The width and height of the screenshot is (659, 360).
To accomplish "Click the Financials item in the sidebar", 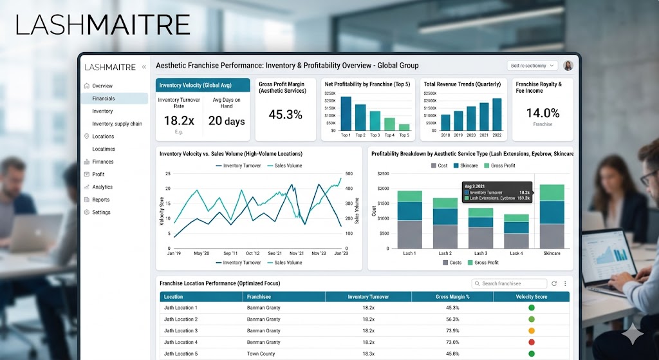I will [x=104, y=99].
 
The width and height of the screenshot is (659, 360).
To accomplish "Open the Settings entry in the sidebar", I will [x=101, y=212].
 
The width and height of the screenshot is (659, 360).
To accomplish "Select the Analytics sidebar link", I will [x=102, y=187].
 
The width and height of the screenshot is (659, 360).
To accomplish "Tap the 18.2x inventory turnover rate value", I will [x=179, y=120].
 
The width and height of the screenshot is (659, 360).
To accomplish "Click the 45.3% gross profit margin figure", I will [x=285, y=115].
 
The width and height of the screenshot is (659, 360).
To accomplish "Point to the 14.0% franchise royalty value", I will [x=543, y=113].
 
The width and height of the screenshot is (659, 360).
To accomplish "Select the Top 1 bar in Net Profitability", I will [x=346, y=113].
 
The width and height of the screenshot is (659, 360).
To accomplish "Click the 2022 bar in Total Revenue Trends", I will [x=497, y=114].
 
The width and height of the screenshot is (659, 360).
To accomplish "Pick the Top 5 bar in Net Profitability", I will [x=404, y=127].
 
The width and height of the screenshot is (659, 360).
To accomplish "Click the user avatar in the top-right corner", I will [x=568, y=66].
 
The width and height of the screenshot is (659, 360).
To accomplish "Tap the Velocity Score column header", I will [x=531, y=297].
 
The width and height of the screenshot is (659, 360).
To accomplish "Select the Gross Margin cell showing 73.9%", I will [x=452, y=330].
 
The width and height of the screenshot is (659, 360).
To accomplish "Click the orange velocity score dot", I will [x=532, y=330].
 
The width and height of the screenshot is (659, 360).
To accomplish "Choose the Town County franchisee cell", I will [x=261, y=354].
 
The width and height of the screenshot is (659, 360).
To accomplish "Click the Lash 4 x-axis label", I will [x=516, y=254].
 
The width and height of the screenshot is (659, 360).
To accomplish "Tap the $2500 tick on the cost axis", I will [x=383, y=174].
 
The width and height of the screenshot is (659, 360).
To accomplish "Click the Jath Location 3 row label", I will [x=181, y=330].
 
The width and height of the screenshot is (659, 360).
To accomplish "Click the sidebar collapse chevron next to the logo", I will [x=144, y=66].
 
